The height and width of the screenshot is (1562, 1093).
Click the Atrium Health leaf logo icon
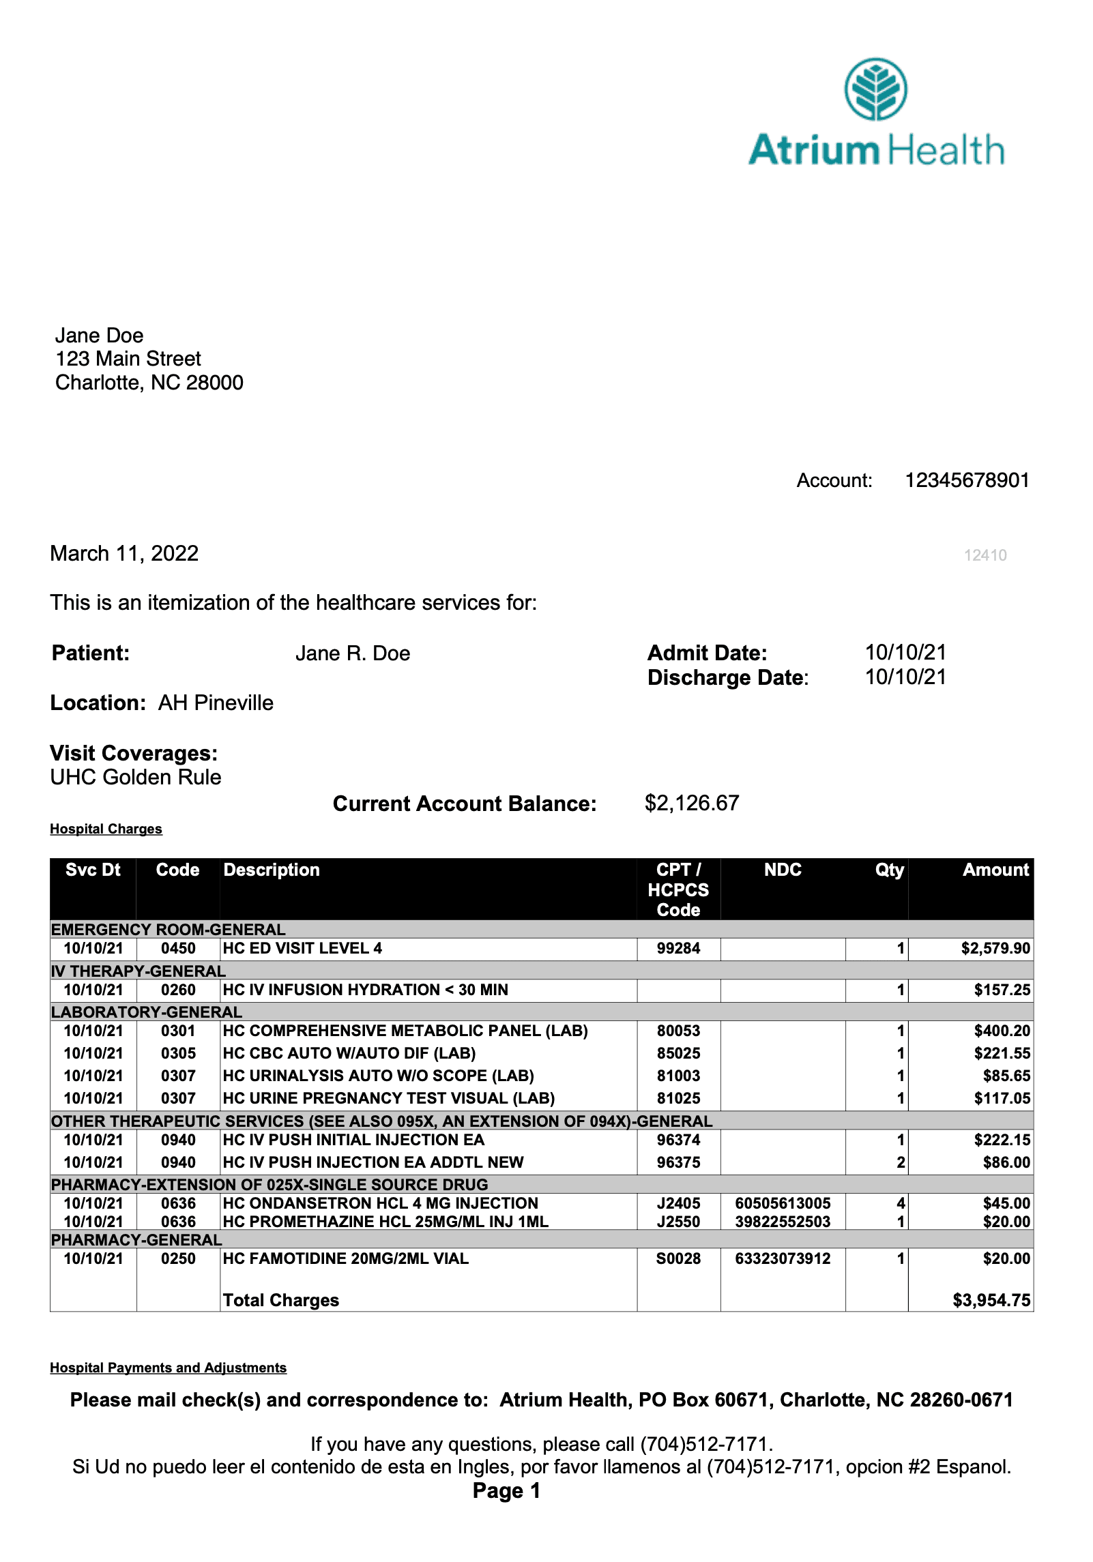tap(875, 89)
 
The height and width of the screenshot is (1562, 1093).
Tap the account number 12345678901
tap(966, 481)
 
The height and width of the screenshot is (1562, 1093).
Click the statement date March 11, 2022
tap(124, 553)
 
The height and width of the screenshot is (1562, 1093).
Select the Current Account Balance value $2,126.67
tap(691, 803)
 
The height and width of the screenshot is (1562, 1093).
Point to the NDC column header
tap(783, 870)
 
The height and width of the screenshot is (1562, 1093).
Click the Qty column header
tap(889, 870)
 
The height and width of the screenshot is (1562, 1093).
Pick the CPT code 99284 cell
tap(678, 948)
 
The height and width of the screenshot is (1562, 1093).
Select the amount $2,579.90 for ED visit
tap(995, 948)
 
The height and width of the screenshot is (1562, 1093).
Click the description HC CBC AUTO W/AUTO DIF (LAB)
tap(349, 1053)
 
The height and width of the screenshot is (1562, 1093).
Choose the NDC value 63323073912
tap(783, 1258)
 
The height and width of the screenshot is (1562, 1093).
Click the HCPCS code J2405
tap(678, 1203)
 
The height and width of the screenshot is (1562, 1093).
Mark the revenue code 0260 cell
tap(178, 990)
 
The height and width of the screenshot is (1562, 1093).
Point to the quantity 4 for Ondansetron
tap(901, 1203)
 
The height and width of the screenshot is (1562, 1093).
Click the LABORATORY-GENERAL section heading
tap(147, 1012)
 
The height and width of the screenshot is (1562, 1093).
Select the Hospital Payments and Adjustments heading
tap(168, 1368)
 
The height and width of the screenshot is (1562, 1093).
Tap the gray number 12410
tap(985, 555)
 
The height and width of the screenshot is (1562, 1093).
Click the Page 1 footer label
tap(506, 1491)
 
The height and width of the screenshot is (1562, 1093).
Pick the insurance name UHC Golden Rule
tap(136, 778)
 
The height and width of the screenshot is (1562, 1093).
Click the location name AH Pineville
tap(216, 703)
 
